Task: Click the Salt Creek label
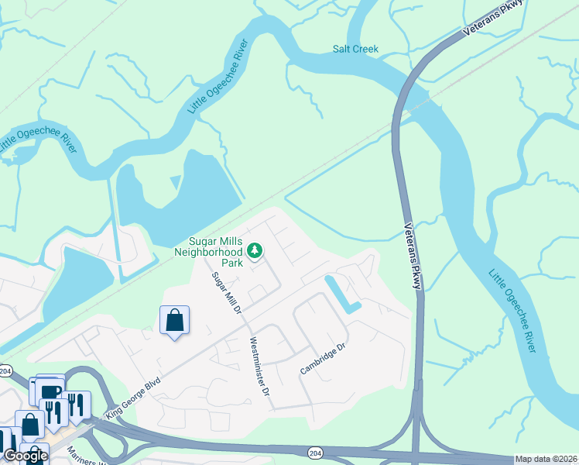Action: (355, 49)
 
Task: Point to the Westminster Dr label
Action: (259, 367)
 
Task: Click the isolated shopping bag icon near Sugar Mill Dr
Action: (175, 320)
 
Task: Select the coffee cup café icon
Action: (51, 390)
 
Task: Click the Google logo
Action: (25, 456)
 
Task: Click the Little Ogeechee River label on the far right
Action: (512, 310)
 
